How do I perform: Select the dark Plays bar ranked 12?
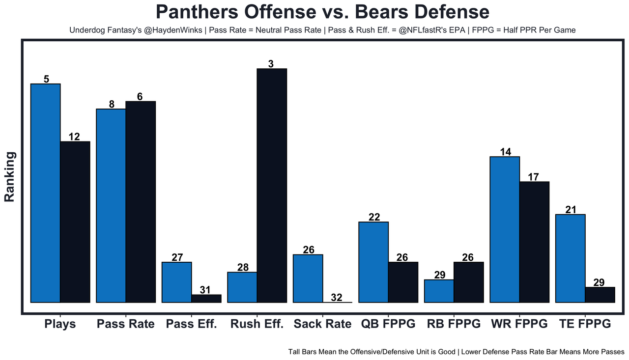75,222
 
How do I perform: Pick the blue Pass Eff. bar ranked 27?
176,282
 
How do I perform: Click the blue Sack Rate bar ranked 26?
308,278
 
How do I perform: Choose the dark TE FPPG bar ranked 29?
600,294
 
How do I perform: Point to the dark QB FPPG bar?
403,282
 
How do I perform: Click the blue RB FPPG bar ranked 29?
439,291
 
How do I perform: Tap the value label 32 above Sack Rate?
337,297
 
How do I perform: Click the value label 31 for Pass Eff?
206,290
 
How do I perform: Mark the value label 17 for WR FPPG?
535,177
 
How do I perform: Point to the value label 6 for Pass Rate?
140,97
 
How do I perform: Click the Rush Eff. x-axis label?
257,324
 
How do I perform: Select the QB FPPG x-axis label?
388,324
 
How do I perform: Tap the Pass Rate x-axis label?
125,324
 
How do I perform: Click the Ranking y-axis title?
10,177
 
